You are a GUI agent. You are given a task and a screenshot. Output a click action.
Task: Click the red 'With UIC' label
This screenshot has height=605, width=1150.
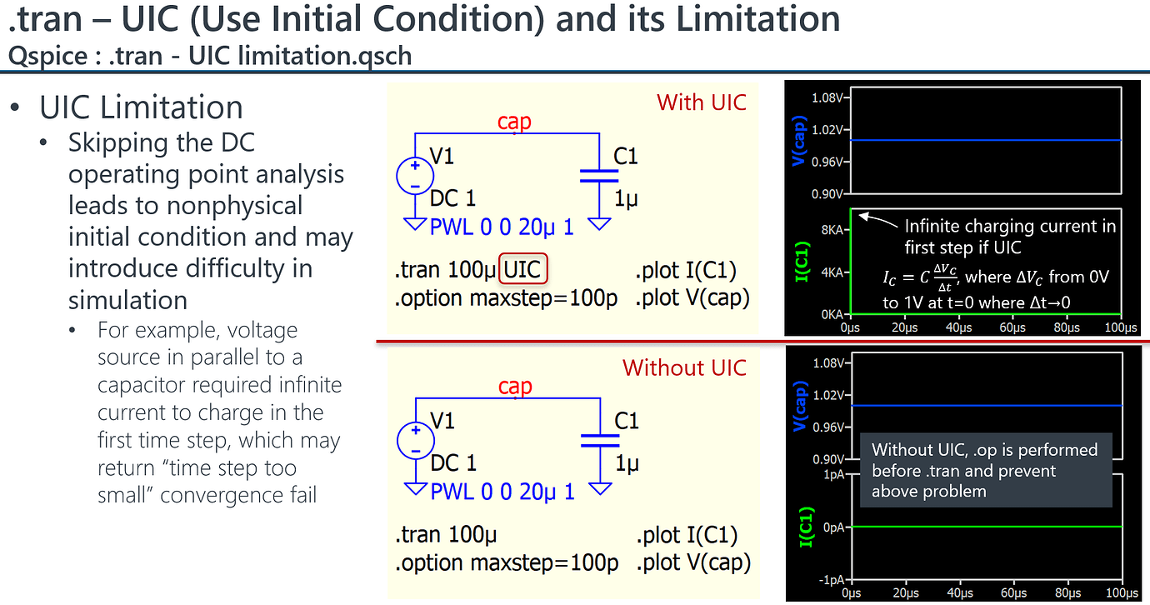click(701, 102)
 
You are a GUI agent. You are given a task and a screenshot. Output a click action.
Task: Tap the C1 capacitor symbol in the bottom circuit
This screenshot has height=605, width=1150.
click(600, 440)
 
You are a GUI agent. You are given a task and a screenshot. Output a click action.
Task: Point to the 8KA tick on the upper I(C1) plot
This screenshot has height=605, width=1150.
click(832, 229)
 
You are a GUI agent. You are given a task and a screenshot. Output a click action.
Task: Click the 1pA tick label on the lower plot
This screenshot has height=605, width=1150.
click(832, 475)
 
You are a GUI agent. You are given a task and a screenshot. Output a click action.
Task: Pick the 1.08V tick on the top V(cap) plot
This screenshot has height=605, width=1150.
click(827, 98)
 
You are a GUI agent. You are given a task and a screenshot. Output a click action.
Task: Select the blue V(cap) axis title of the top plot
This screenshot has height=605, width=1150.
click(800, 144)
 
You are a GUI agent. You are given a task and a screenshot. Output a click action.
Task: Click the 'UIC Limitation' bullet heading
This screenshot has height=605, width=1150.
click(141, 107)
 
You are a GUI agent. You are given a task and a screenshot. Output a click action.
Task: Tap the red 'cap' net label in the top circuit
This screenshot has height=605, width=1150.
click(514, 122)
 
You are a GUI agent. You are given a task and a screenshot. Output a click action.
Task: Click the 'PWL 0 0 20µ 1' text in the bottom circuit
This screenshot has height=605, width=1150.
click(502, 492)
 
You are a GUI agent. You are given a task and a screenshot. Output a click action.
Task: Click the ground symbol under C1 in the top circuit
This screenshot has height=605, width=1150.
click(599, 224)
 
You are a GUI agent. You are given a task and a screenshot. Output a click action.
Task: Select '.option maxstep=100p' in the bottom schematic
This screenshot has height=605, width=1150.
click(506, 562)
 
